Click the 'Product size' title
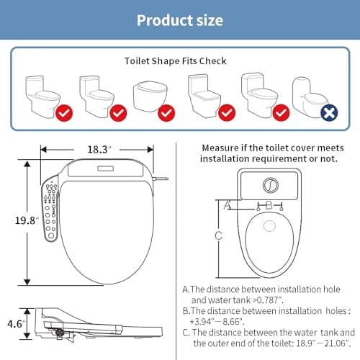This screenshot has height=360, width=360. [x=179, y=19]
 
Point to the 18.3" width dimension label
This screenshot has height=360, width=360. [x=99, y=149]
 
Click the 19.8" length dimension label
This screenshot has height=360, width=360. [x=16, y=220]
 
